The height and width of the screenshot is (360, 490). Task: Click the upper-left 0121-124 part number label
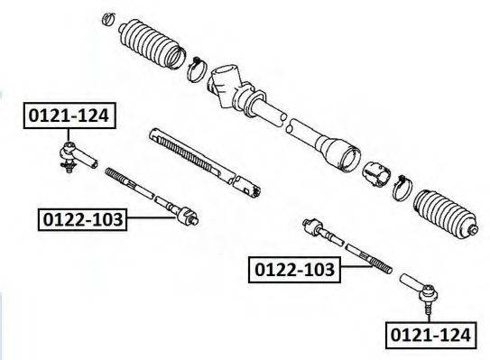pyautogui.click(x=69, y=115)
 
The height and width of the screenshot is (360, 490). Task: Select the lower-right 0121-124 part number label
pyautogui.click(x=431, y=336)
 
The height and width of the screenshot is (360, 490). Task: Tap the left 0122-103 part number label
pyautogui.click(x=82, y=219)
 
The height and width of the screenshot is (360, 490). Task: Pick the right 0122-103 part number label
pyautogui.click(x=294, y=270)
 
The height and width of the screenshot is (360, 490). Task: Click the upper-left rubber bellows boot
pyautogui.click(x=152, y=43)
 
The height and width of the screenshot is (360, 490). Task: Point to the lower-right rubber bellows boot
pyautogui.click(x=446, y=214)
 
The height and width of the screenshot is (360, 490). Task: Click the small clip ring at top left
pyautogui.click(x=108, y=19)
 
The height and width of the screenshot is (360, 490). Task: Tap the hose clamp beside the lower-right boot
pyautogui.click(x=402, y=189)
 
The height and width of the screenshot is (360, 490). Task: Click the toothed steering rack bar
pyautogui.click(x=205, y=162)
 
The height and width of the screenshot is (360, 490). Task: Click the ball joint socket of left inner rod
pyautogui.click(x=187, y=216)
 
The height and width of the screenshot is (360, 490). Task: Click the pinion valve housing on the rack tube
pyautogui.click(x=226, y=86)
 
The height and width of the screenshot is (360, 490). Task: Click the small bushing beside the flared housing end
pyautogui.click(x=376, y=175)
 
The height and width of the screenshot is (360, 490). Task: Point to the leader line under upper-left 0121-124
pyautogui.click(x=68, y=135)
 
